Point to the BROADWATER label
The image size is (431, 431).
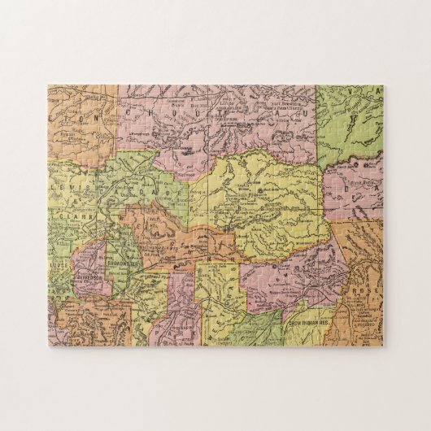122,264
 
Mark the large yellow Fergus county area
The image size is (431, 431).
268,203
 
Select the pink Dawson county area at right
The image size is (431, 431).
354,191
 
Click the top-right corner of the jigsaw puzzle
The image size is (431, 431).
383,85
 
